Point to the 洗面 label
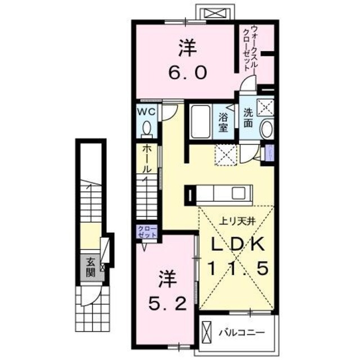coord(248,117)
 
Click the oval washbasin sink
coord(267,129)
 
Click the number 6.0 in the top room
coord(189,73)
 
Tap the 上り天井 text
coord(237,220)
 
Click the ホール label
coord(146,159)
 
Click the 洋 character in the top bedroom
coord(188,47)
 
